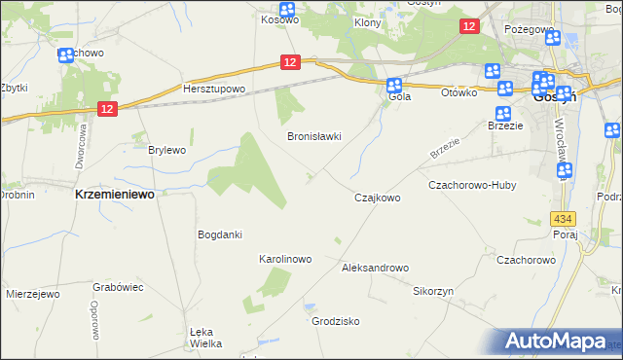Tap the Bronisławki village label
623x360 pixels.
(313, 137)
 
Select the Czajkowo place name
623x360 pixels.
(377, 198)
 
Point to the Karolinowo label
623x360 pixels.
(284, 260)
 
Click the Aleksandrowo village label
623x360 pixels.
(375, 267)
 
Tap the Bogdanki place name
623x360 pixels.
(219, 234)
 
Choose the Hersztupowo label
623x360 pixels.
(214, 89)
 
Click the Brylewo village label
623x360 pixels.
(165, 150)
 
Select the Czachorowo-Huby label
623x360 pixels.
(472, 185)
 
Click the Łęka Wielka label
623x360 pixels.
(205, 337)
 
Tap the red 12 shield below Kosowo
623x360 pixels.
(289, 62)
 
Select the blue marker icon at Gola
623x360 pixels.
(394, 85)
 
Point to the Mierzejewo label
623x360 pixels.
(33, 293)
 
